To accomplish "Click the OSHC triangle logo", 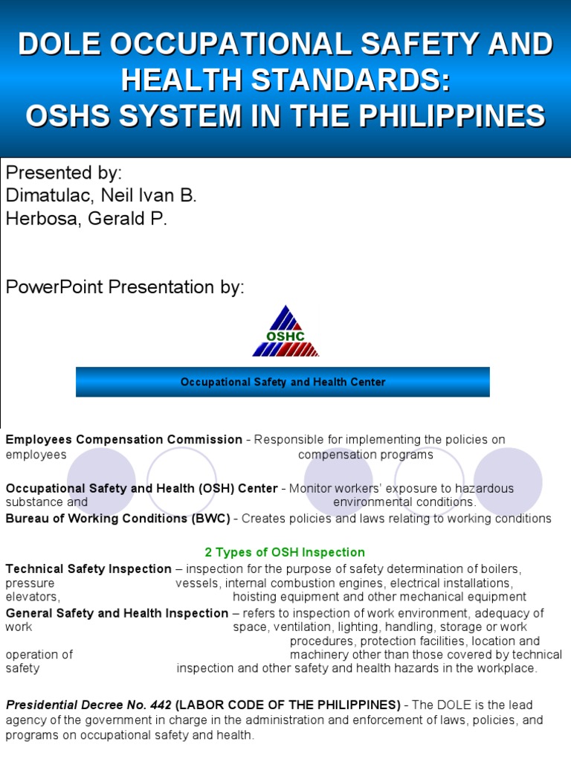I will (285, 332).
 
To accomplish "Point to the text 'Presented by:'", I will (64, 173).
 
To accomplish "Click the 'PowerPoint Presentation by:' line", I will (125, 287).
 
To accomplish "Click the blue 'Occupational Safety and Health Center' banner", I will (283, 382).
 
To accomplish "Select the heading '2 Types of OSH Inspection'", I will (285, 552).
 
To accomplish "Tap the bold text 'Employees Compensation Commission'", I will (124, 440).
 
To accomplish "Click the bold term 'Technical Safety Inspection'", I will (88, 569).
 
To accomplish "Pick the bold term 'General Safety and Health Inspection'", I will (117, 613).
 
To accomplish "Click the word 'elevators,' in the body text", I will (33, 597).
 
